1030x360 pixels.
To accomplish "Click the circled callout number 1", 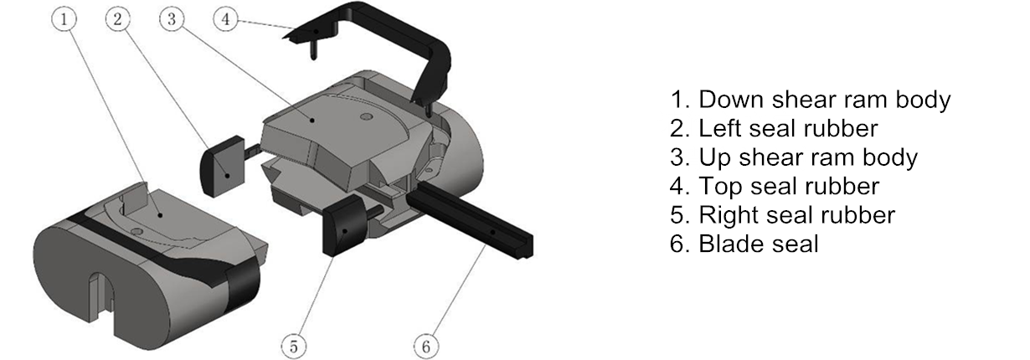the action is [x=64, y=19].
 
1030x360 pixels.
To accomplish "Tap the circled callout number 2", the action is [x=118, y=19].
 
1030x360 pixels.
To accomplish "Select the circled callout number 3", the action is [x=172, y=19].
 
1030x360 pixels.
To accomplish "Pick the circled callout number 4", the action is [x=226, y=19].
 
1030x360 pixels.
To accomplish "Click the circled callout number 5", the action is [x=294, y=347].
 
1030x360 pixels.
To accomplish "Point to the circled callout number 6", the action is [x=426, y=347].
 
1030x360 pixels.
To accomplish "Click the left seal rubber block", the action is [x=222, y=166].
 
